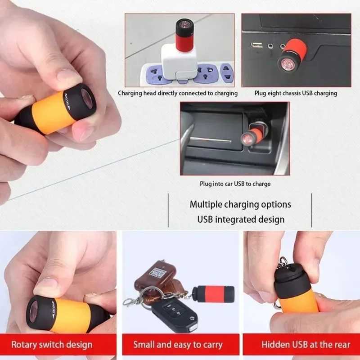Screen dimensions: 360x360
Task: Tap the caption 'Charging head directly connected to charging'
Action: tap(178, 93)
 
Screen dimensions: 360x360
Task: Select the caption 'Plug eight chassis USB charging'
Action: tap(296, 93)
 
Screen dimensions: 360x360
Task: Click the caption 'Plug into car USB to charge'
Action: tap(235, 184)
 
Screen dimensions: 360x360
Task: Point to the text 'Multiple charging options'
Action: tap(240, 204)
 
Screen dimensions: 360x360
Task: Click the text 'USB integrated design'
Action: tap(241, 220)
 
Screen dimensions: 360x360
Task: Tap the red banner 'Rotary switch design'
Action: tap(52, 345)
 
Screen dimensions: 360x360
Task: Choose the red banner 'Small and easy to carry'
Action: tap(178, 345)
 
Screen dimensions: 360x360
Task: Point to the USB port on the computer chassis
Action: tap(257, 45)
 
